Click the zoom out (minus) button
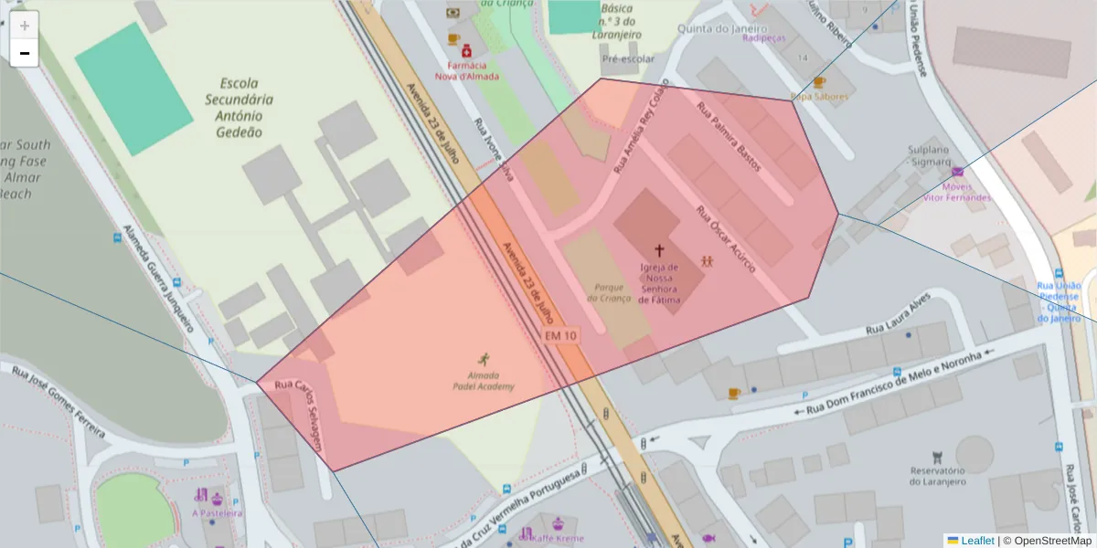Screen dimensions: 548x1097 [25, 53]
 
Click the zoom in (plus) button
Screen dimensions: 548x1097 [25, 25]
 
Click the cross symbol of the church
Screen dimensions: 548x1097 [658, 249]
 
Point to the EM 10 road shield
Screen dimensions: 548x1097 [561, 336]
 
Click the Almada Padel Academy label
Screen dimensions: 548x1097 [483, 381]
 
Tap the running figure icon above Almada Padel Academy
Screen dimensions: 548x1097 [483, 359]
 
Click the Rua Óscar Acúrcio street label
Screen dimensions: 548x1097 [725, 238]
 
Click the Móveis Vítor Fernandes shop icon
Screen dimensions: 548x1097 [957, 172]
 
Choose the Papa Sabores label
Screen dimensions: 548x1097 [819, 96]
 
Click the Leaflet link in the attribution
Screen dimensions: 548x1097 [976, 541]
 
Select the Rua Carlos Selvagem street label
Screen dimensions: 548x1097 [300, 416]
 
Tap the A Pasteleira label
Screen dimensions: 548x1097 [218, 513]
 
